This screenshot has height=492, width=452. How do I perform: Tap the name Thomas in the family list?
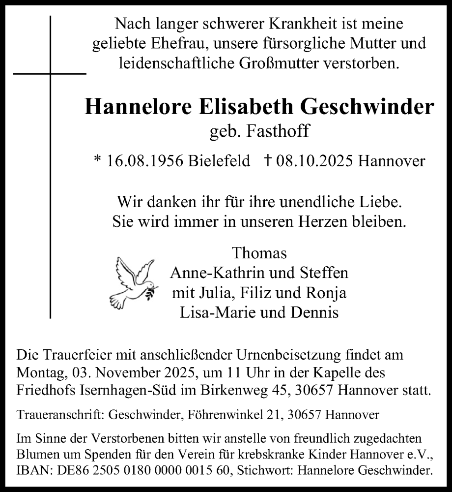[x=259, y=253]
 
